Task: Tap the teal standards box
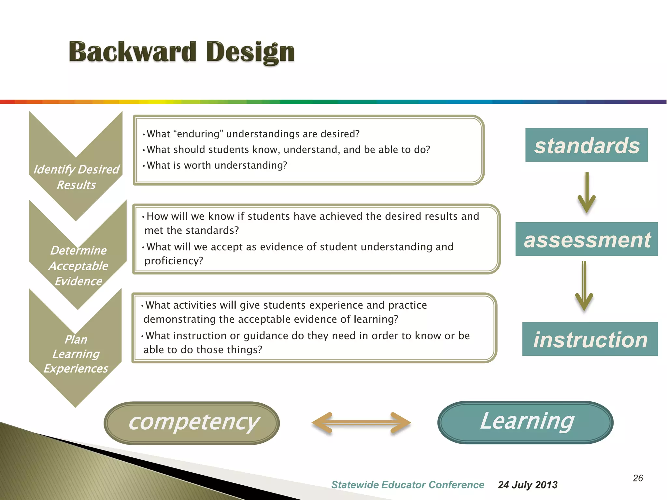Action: click(x=586, y=145)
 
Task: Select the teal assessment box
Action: click(x=587, y=239)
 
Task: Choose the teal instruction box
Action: click(x=590, y=339)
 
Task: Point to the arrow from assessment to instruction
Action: click(x=584, y=286)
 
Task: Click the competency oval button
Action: click(x=192, y=423)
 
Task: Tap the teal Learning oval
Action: click(x=525, y=422)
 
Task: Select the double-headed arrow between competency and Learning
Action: click(x=361, y=423)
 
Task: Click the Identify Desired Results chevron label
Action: click(x=76, y=177)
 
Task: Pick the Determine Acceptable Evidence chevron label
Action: click(x=78, y=266)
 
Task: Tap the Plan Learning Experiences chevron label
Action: click(x=76, y=354)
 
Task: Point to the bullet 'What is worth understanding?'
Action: click(x=217, y=165)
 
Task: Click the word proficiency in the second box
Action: click(x=174, y=261)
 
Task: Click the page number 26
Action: click(x=638, y=478)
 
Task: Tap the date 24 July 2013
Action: click(x=527, y=485)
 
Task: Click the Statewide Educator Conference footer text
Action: click(x=407, y=485)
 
